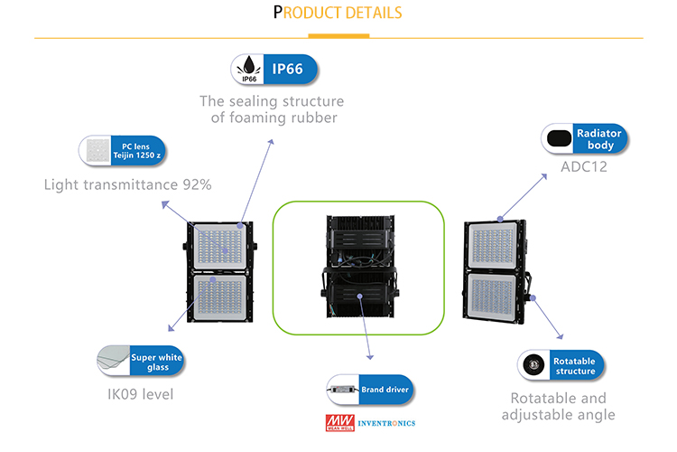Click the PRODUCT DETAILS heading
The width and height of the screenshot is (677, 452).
pos(338,14)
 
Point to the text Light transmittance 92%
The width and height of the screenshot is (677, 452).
pos(127,185)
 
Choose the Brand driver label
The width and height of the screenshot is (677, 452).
pos(385,390)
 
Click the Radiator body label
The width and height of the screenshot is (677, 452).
pos(596,139)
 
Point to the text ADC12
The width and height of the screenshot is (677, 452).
pos(583,166)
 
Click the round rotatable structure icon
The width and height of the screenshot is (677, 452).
pos(533,365)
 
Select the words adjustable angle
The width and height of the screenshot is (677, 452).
pos(558,415)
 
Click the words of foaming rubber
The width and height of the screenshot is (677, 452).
pos(271,118)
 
